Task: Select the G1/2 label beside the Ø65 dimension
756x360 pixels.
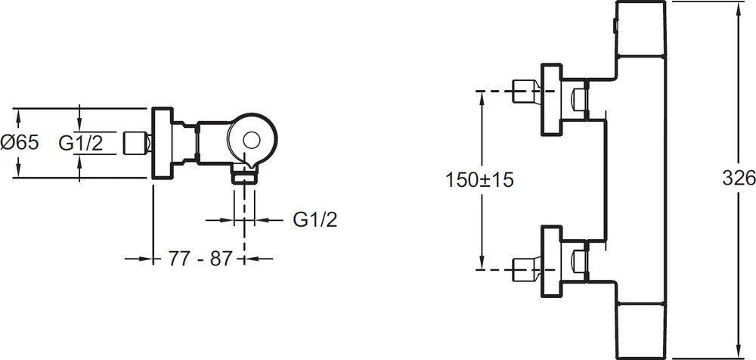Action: tap(80, 142)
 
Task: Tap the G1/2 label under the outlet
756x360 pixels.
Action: tap(314, 219)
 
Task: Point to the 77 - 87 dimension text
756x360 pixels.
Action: tap(199, 259)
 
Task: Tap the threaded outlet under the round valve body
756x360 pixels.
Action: tap(245, 176)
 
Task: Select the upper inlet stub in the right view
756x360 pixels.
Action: tap(525, 93)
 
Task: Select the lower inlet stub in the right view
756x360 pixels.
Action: tap(525, 267)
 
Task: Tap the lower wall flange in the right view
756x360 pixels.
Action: tap(550, 259)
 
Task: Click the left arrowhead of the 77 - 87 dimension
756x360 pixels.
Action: tap(149, 259)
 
